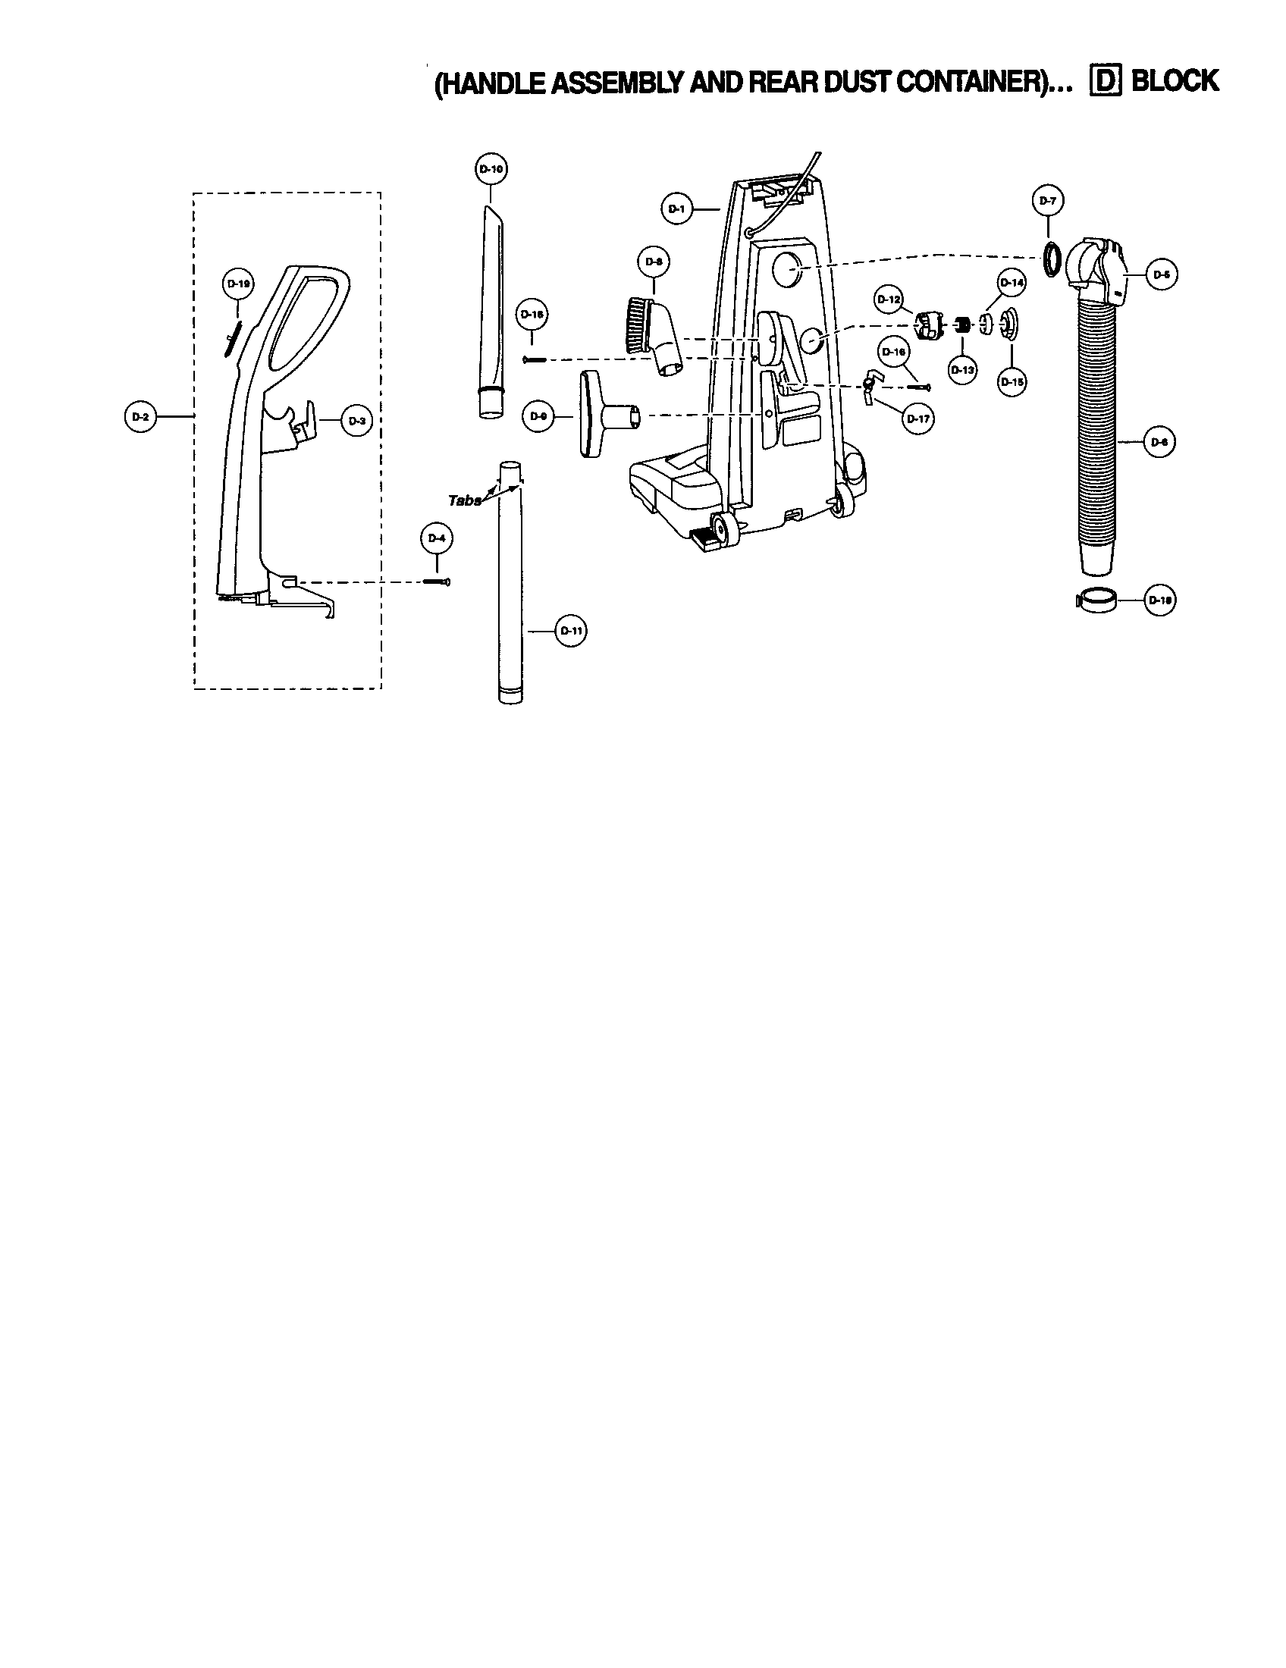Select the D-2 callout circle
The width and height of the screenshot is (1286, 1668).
(140, 416)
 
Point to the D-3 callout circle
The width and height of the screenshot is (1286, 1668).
(356, 420)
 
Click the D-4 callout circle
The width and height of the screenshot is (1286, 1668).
(436, 538)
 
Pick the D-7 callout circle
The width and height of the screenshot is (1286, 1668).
(1048, 201)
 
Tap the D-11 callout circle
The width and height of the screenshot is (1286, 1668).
(570, 631)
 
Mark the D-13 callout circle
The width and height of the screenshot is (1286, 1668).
(963, 370)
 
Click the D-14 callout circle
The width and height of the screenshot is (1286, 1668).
(1011, 283)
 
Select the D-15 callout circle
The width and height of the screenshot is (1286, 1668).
(1011, 381)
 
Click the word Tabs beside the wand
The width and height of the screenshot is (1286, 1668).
(464, 501)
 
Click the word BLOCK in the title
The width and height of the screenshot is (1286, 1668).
(1175, 81)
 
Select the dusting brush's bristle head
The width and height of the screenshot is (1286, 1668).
(636, 325)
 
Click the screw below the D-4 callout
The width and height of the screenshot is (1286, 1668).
(437, 582)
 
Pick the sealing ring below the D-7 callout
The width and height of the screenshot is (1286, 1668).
(1052, 259)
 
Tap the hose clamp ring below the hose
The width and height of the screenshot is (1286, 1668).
(1096, 600)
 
